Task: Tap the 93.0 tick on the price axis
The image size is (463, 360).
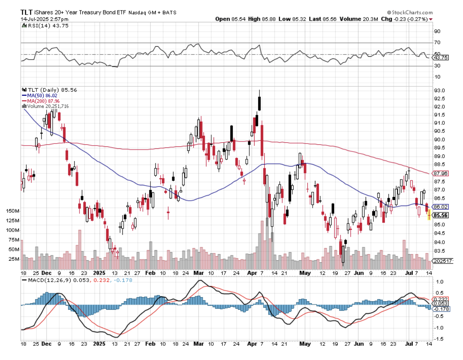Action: [439, 90]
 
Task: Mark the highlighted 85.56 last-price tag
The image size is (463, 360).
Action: [440, 215]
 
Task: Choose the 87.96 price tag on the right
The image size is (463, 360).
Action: [440, 173]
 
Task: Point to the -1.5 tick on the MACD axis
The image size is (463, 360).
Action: [439, 339]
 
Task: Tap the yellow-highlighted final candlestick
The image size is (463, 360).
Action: [429, 214]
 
